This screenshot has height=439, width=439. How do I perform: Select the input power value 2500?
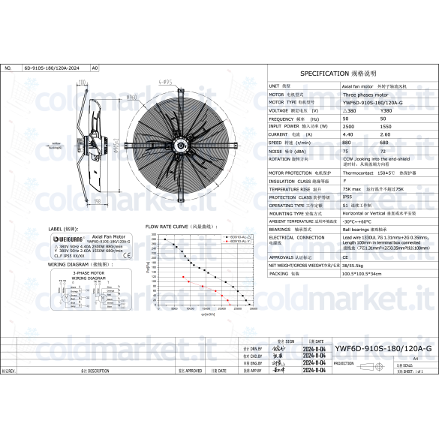pos(347,127)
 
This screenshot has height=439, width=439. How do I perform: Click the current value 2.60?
pos(385,134)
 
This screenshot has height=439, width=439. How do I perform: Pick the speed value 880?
pos(347,142)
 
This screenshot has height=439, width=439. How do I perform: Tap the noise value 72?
pos(384,150)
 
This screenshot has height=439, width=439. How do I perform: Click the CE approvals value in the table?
pos(345,257)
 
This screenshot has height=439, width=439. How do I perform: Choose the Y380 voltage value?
pos(386,110)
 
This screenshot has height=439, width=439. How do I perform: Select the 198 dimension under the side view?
pos(98,201)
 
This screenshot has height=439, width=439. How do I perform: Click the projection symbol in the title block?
pos(383,363)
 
